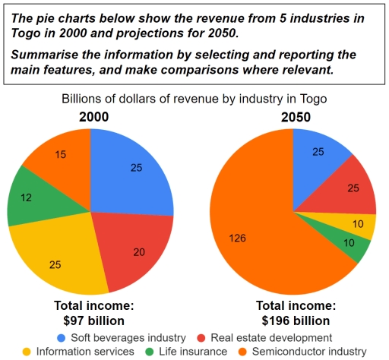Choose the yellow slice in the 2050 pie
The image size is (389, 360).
pos(362,226)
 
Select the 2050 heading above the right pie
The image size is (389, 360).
pos(294,118)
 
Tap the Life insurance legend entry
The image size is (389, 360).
pos(190,351)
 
